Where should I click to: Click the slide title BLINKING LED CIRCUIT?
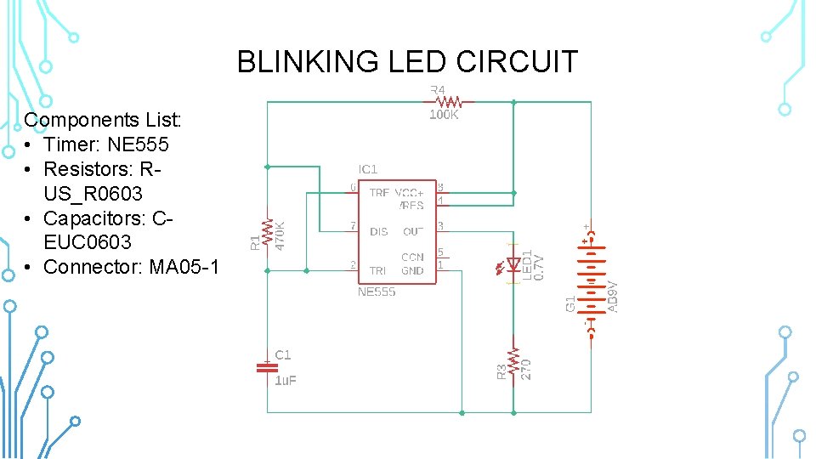point(407,62)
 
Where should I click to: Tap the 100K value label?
point(444,115)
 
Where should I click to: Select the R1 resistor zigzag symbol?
point(268,231)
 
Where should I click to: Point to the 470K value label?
point(280,235)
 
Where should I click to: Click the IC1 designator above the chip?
point(368,170)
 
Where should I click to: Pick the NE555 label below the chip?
point(376,292)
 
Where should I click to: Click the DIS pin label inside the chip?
point(378,231)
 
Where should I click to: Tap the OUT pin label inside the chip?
point(413,231)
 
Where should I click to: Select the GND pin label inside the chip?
point(412,271)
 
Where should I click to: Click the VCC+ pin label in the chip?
point(409,193)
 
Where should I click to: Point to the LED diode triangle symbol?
point(513,263)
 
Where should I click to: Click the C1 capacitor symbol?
point(267,367)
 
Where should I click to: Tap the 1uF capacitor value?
point(286,381)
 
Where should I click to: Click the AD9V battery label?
point(612,297)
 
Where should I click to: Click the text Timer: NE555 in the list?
point(106,144)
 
